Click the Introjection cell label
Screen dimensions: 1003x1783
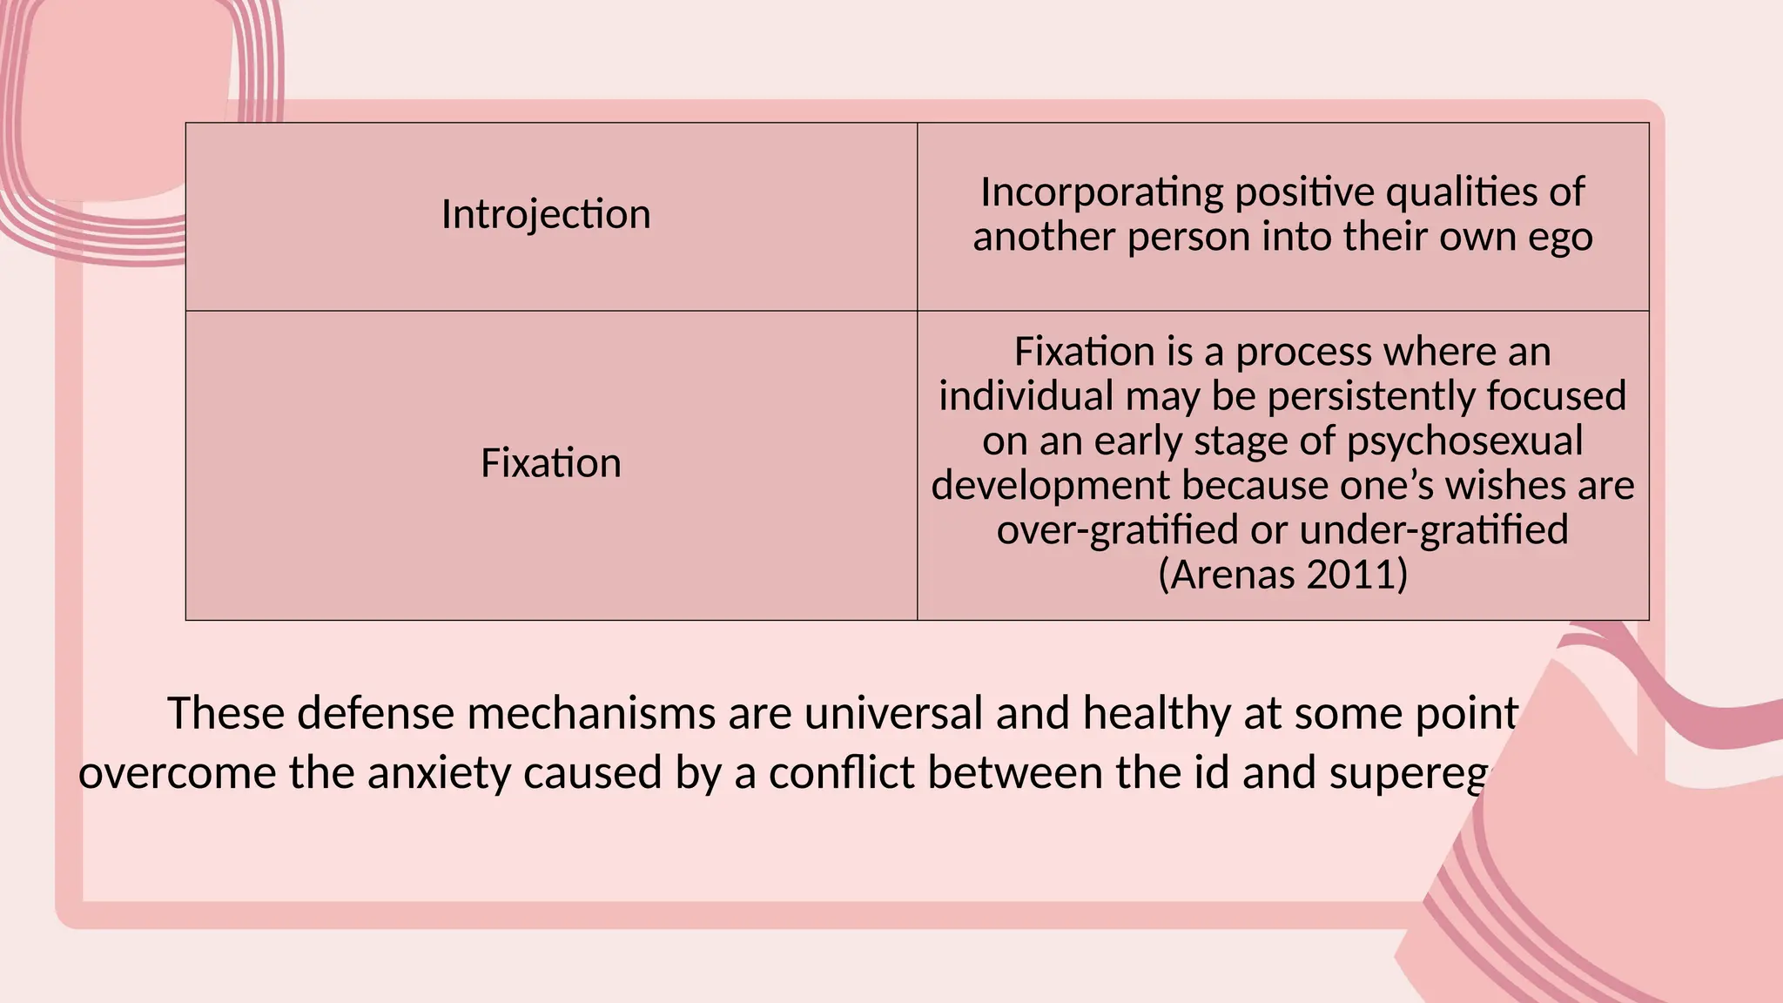coord(546,214)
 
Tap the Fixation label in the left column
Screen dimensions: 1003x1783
coord(551,463)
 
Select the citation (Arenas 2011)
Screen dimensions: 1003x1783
coord(1282,575)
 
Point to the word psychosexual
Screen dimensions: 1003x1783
coord(1464,441)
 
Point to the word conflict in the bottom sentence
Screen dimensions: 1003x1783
coord(841,773)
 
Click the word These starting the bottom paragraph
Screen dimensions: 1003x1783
coord(225,713)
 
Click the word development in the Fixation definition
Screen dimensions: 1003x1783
coord(1051,485)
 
